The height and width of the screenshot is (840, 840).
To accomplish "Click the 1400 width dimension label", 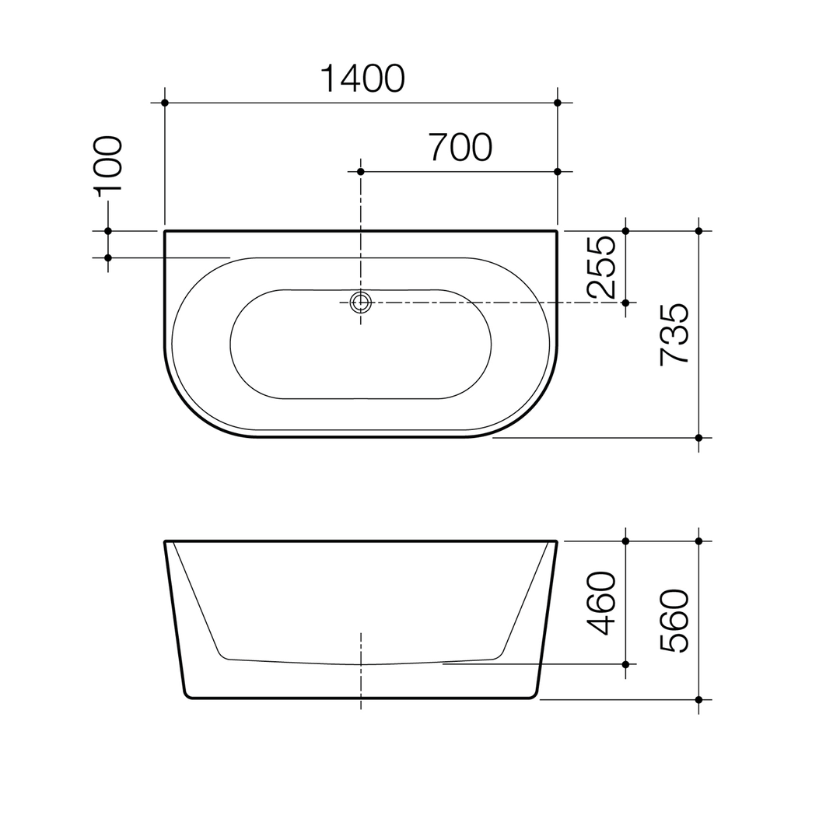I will [362, 79].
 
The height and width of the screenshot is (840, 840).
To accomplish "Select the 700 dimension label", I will [460, 147].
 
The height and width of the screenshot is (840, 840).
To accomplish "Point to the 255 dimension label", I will [602, 268].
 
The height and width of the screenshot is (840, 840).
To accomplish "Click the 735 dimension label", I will [674, 334].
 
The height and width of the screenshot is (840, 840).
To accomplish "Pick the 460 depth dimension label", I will [602, 603].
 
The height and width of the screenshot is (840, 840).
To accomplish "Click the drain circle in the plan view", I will [360, 302].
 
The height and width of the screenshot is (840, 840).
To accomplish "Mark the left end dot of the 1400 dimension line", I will [164, 103].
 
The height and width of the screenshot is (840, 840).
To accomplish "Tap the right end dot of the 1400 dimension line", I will [558, 103].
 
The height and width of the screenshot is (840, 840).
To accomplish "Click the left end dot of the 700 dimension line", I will [360, 171].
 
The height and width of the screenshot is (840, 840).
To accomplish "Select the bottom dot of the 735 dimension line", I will [698, 438].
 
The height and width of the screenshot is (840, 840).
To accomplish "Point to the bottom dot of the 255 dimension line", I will [625, 302].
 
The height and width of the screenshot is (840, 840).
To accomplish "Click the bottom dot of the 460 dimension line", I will [625, 664].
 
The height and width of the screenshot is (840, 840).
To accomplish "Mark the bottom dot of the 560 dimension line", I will [698, 699].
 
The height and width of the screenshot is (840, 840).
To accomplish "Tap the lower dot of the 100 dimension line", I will [108, 257].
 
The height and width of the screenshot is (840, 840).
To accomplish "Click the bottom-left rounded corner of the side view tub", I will [187, 695].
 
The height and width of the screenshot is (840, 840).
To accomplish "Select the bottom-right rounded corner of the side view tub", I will [534, 695].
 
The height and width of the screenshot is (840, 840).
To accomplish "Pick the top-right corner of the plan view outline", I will [557, 231].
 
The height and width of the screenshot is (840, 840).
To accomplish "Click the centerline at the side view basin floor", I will [361, 664].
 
